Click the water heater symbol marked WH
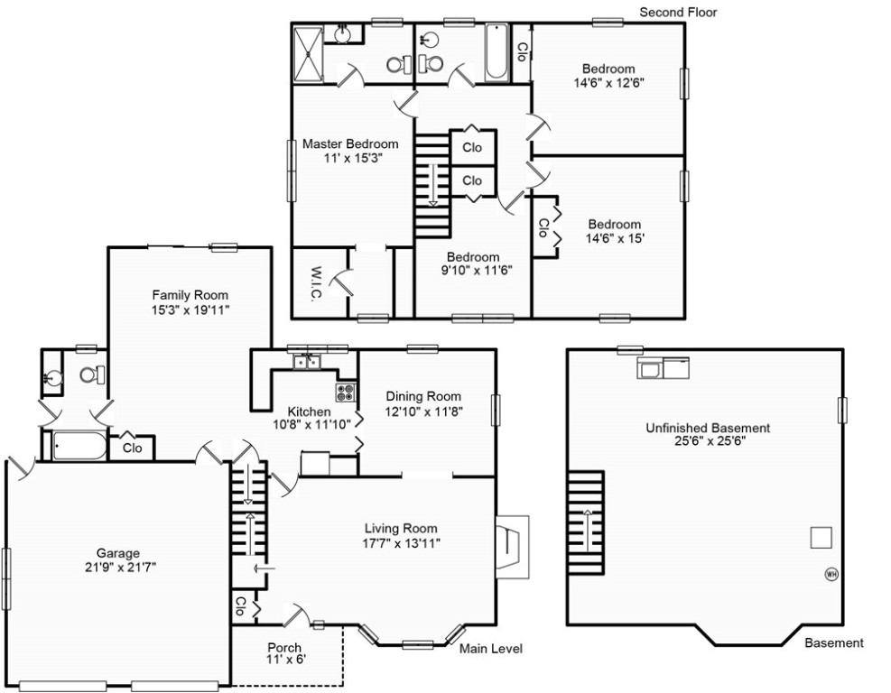coord(831,573)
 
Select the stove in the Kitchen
coord(346,392)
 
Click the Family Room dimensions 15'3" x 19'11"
coord(190,310)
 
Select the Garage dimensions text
coord(118,568)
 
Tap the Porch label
coord(284,647)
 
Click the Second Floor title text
coord(678,12)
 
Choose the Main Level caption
coord(491,649)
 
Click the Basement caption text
coord(833,643)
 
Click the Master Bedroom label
coord(349,143)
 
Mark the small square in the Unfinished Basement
coord(820,537)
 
